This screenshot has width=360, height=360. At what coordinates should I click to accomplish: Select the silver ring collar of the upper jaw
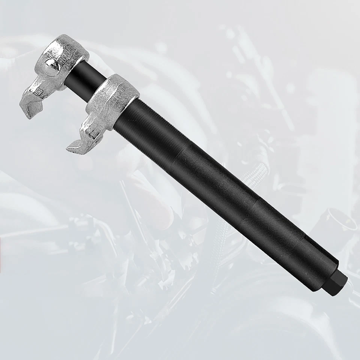point(69,49)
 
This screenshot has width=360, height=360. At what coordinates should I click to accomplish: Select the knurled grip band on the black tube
point(270,229)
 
